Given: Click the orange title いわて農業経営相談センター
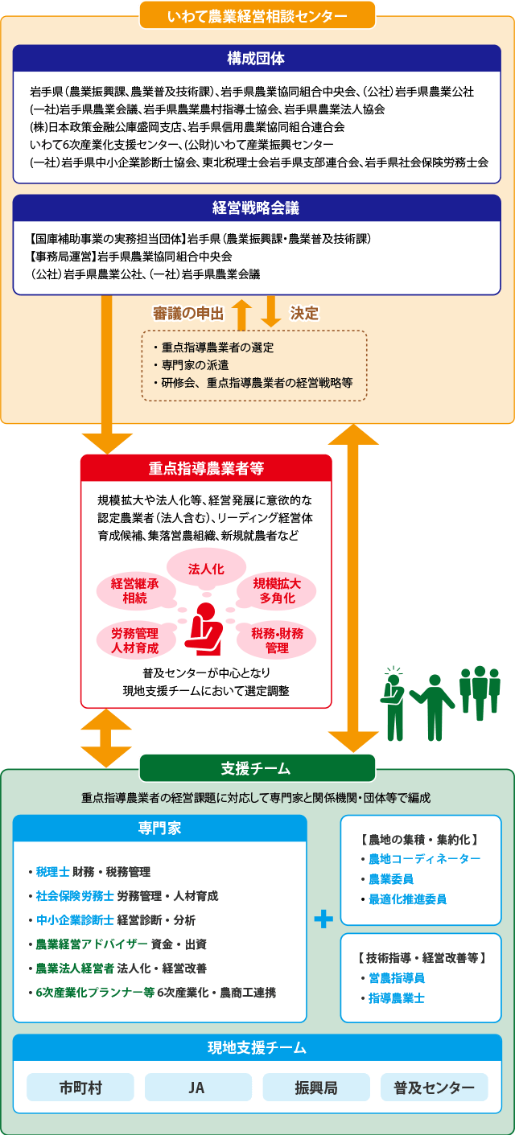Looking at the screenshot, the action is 257,15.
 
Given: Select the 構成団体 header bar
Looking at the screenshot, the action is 257,58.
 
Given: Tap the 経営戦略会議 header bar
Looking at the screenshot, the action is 257,208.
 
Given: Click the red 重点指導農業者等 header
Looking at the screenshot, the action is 206,467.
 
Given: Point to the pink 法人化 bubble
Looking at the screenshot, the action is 206,569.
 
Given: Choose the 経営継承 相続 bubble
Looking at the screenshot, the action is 135,590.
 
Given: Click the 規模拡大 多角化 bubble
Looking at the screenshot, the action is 277,590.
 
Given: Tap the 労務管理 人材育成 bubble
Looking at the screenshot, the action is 135,640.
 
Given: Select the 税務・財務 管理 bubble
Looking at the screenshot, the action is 277,640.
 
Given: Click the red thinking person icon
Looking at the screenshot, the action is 204,629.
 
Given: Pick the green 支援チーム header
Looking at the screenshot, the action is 257,768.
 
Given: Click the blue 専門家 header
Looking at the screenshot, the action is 159,828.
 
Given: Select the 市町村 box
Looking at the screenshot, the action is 80,1088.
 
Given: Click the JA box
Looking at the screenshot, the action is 198,1088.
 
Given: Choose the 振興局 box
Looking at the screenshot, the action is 316,1088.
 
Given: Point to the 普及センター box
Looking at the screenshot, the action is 435,1088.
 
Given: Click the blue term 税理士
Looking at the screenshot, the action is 53,871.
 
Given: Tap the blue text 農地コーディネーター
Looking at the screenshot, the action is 425,859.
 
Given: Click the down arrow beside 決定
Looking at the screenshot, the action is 271,311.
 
